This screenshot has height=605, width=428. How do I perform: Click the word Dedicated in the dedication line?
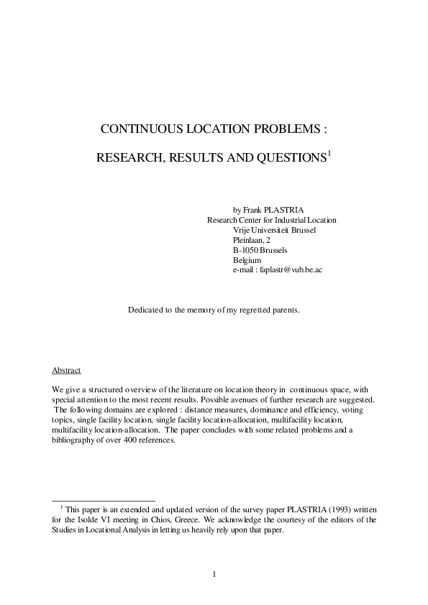click(147, 330)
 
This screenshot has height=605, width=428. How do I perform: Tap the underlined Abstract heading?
click(66, 370)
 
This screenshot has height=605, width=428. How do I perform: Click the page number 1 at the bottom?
click(214, 573)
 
